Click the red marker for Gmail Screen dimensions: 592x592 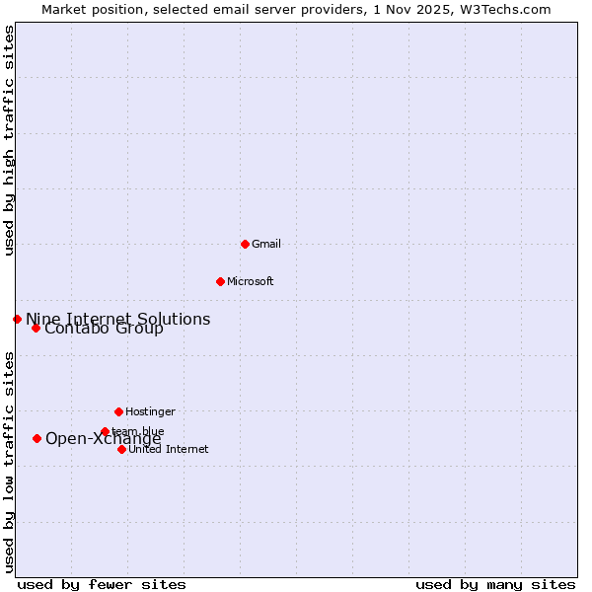pos(245,244)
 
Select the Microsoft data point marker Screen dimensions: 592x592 pos(220,281)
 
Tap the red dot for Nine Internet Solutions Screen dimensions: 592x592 pos(17,319)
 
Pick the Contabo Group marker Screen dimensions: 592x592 pos(36,328)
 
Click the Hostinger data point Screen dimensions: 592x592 pos(118,411)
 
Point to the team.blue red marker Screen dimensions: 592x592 pos(105,431)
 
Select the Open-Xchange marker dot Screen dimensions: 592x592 pos(37,438)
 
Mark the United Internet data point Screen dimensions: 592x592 pos(121,449)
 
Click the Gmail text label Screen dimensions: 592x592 pos(266,244)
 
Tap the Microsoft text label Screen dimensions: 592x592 pos(251,281)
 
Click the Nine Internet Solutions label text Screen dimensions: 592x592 pos(117,319)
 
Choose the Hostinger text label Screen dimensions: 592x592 pos(150,411)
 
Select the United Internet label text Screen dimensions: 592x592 pos(169,449)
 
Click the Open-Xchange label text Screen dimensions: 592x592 pos(103,439)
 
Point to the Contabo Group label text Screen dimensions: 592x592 pos(104,329)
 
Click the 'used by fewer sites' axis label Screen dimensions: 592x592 pos(102,584)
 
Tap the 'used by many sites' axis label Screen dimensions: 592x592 pos(495,584)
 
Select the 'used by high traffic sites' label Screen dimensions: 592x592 pos(9,140)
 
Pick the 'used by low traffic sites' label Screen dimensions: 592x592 pos(9,462)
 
